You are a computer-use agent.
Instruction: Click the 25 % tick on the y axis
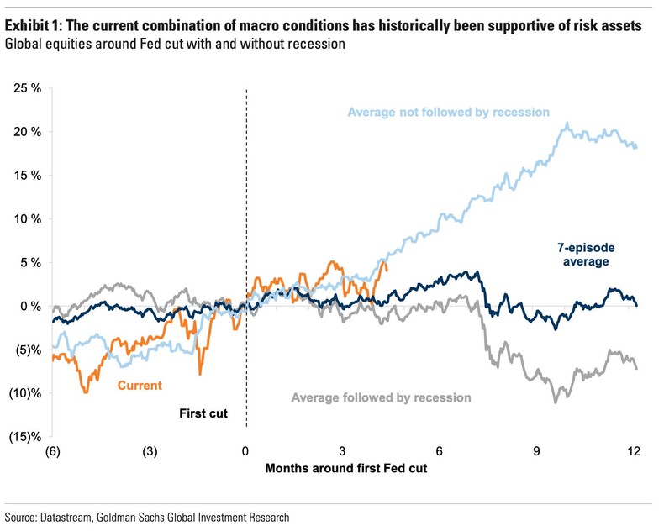(25, 88)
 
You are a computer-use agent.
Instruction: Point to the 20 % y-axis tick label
(25, 132)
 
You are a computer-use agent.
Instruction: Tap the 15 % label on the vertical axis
(25, 176)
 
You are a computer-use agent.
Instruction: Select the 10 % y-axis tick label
(25, 219)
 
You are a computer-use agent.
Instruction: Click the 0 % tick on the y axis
(28, 306)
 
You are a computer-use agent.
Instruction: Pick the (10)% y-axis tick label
(24, 393)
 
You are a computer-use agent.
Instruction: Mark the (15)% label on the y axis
(24, 437)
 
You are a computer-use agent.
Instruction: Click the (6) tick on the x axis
(52, 451)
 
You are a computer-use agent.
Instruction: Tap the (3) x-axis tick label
(149, 451)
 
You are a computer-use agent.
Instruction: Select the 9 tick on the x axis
(537, 451)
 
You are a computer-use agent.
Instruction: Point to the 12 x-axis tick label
(634, 451)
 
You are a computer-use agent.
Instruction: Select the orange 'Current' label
(139, 386)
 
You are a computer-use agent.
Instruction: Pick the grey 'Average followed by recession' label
(381, 397)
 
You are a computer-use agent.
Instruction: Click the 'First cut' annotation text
(204, 413)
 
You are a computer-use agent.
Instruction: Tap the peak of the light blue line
(567, 124)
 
